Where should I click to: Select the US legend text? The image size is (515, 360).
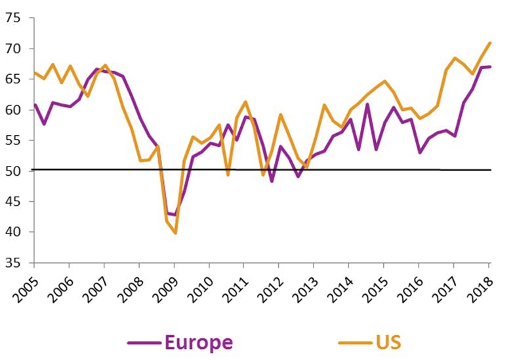click(389, 342)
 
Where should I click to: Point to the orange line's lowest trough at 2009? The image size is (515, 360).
click(175, 233)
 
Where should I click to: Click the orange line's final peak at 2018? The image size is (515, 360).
click(490, 43)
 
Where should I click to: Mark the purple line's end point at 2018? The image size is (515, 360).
click(490, 67)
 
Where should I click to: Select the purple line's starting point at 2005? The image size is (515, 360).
click(34, 104)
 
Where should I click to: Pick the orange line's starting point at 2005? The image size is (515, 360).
click(34, 73)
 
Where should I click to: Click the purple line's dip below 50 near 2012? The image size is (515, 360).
click(272, 181)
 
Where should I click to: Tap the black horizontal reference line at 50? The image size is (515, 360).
click(394, 170)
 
